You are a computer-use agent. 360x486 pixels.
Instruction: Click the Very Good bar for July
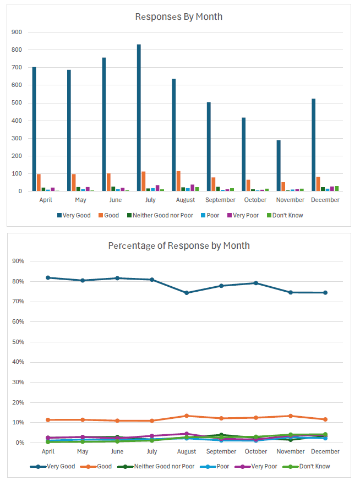[139, 118]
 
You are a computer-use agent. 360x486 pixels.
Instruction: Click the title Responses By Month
[179, 17]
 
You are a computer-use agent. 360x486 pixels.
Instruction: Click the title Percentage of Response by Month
[179, 245]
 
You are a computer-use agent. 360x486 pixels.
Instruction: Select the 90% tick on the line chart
[18, 261]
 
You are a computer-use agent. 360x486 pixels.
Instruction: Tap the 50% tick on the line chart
[18, 342]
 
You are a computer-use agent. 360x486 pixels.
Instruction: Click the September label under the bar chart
[220, 200]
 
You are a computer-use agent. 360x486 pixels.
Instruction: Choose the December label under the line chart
[325, 451]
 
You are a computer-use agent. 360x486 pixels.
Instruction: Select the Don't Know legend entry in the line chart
[311, 466]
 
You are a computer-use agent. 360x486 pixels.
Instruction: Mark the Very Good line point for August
[187, 293]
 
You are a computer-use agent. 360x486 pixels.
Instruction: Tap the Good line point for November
[290, 416]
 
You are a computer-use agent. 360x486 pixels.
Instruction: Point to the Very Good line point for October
[255, 283]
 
